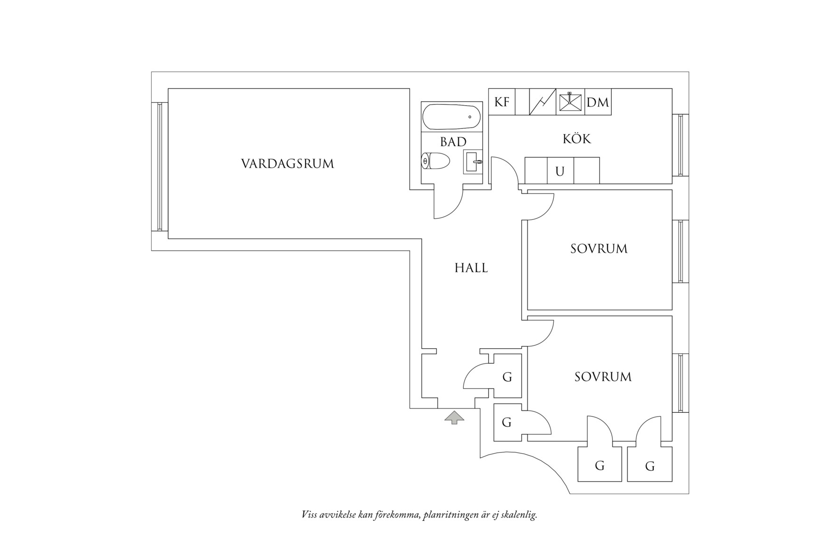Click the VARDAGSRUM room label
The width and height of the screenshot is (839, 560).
click(x=287, y=164)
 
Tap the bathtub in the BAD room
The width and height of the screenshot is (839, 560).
click(x=452, y=117)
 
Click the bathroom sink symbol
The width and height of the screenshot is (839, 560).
click(x=473, y=162)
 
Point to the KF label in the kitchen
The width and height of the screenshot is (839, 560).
click(x=502, y=102)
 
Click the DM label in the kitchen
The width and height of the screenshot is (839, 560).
click(x=598, y=102)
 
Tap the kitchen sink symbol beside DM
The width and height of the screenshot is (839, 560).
click(x=570, y=102)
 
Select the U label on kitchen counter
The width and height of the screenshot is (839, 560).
click(x=560, y=171)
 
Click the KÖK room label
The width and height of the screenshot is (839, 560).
click(x=576, y=139)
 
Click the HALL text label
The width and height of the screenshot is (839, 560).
click(x=471, y=268)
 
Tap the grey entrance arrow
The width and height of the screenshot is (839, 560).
click(x=454, y=417)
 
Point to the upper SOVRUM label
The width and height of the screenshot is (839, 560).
click(x=599, y=249)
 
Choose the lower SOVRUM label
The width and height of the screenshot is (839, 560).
click(x=603, y=376)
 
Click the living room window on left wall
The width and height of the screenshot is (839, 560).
click(x=160, y=166)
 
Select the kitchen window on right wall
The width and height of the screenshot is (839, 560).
click(x=680, y=144)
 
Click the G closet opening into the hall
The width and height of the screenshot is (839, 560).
click(x=507, y=377)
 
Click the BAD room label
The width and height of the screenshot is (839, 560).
click(x=453, y=142)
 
